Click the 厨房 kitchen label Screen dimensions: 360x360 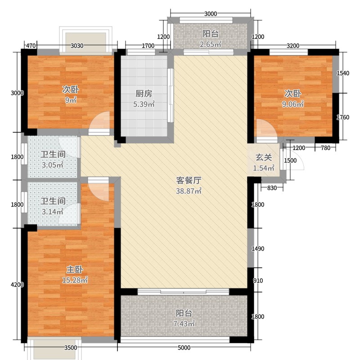tap(144, 94)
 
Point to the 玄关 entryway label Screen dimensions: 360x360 tap(264, 158)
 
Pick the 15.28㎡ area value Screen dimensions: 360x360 tap(75, 280)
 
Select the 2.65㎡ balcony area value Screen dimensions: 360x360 tap(211, 44)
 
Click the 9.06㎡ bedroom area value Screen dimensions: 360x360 tap(292, 104)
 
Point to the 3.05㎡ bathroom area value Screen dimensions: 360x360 tap(53, 165)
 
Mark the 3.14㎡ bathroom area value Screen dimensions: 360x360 tap(53, 211)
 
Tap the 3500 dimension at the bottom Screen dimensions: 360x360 tap(71, 347)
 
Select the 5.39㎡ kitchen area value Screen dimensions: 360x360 tap(144, 104)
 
